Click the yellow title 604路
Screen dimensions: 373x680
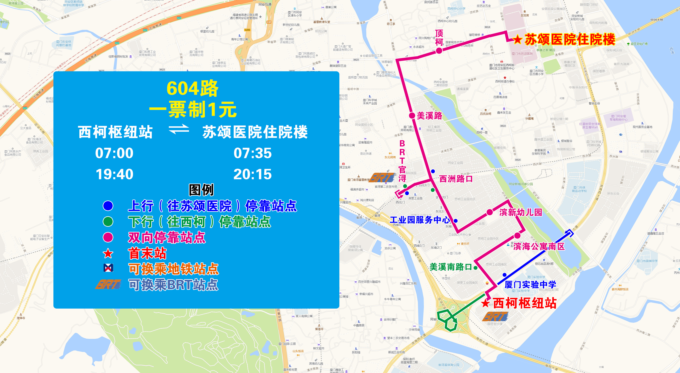(x=192, y=88)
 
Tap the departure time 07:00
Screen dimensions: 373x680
(x=114, y=153)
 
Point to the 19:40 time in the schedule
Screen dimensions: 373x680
(x=114, y=174)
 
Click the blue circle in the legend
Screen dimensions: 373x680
(x=108, y=206)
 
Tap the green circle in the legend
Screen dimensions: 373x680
(x=108, y=221)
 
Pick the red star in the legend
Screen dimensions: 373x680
(x=108, y=254)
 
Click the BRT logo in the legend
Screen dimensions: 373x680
(x=109, y=285)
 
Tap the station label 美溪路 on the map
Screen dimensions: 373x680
(x=429, y=116)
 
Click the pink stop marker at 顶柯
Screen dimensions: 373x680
(x=439, y=50)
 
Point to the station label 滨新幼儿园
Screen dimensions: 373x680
(x=521, y=212)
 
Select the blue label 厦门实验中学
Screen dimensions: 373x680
(x=530, y=285)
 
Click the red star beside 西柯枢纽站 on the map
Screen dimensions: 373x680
(x=486, y=303)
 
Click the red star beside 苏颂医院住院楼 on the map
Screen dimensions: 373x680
(x=517, y=40)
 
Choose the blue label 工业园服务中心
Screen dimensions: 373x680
(x=420, y=220)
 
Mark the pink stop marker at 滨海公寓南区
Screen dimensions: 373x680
(x=517, y=236)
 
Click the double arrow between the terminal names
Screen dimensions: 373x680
(x=179, y=129)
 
